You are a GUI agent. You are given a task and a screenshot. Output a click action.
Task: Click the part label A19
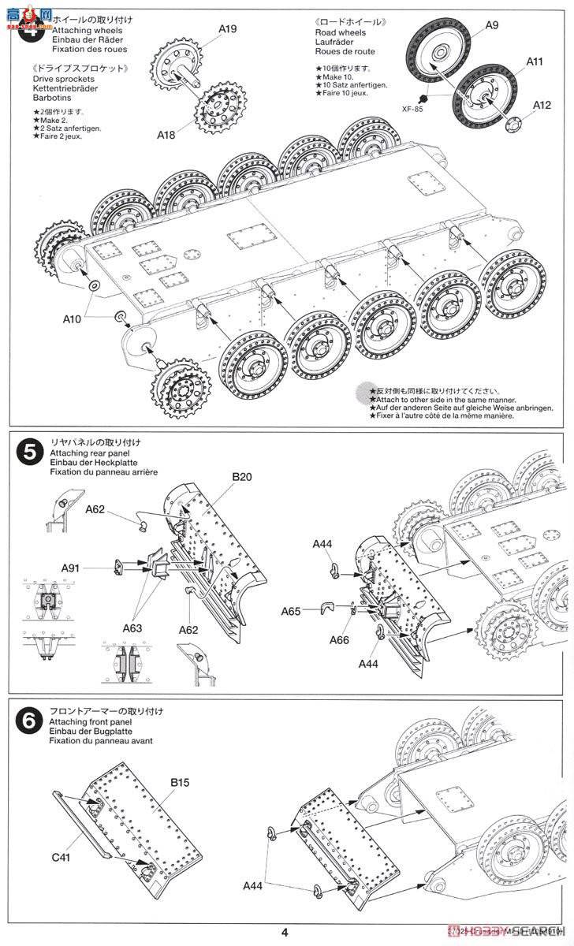pos(227,29)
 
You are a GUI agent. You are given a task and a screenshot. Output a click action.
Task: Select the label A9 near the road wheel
pos(491,25)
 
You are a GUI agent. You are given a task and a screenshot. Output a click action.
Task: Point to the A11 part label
pos(535,60)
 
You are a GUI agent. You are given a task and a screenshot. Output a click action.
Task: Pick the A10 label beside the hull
pos(73,320)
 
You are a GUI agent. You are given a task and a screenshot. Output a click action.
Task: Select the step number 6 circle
pos(29,719)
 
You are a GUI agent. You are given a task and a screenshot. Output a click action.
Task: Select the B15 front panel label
pos(181,761)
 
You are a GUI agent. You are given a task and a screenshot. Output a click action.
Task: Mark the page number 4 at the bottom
pos(285,933)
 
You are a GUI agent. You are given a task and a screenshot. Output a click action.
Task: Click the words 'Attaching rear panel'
pos(87,454)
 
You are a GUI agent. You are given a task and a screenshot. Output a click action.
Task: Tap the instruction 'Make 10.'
pos(336,76)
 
